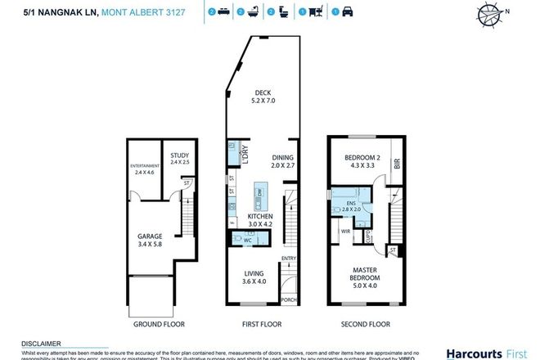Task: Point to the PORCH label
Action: coord(288,299)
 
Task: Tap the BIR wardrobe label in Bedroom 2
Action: coord(398,164)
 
